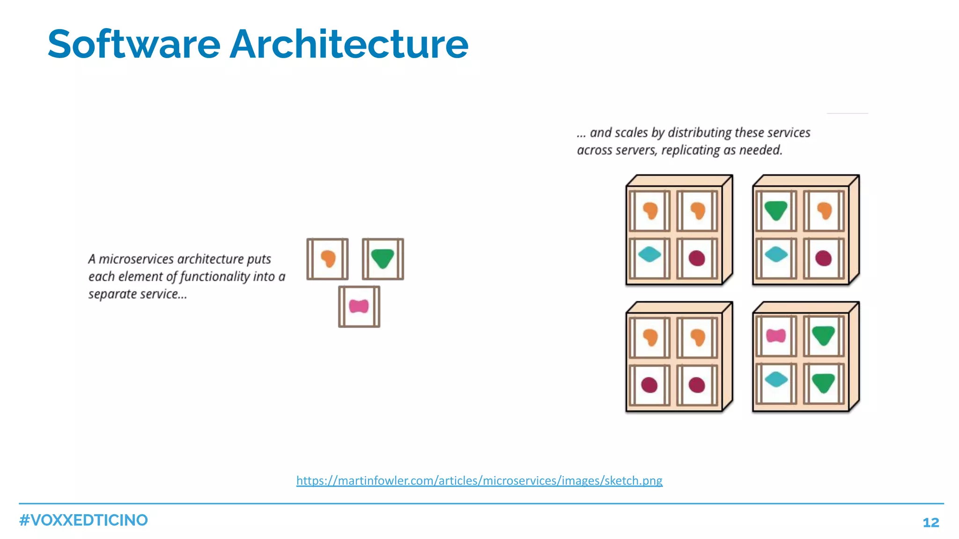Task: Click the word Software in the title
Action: click(134, 45)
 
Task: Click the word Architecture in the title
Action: click(348, 45)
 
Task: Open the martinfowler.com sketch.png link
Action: click(479, 480)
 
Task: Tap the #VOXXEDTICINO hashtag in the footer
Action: click(83, 520)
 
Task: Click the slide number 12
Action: click(930, 522)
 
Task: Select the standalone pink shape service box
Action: click(359, 307)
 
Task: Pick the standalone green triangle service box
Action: click(383, 259)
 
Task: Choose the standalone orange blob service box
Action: click(328, 259)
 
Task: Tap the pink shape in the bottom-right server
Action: click(776, 336)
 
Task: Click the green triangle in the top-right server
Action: click(776, 210)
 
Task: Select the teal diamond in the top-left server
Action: click(649, 255)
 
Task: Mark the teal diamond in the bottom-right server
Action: click(776, 379)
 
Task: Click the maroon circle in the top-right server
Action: click(823, 258)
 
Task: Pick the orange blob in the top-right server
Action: click(824, 210)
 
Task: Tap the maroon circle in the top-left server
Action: click(697, 258)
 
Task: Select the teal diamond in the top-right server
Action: click(776, 255)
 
